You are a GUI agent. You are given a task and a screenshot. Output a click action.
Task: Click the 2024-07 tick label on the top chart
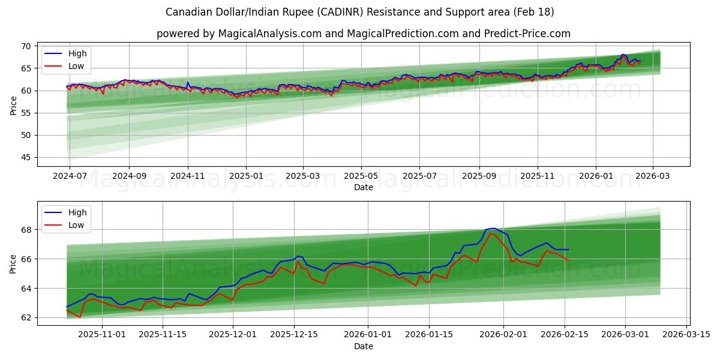pyautogui.click(x=70, y=175)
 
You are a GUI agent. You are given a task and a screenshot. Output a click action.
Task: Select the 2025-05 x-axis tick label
pyautogui.click(x=361, y=175)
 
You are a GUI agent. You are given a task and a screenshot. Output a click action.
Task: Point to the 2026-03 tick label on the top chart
pyautogui.click(x=653, y=175)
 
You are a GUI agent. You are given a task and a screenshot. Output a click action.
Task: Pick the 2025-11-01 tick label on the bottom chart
pyautogui.click(x=102, y=334)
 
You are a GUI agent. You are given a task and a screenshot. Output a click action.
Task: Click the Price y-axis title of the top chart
pyautogui.click(x=13, y=105)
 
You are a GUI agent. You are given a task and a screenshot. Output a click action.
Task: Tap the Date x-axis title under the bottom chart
pyautogui.click(x=363, y=346)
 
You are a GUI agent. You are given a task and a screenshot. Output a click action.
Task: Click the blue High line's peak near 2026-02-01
pyautogui.click(x=494, y=228)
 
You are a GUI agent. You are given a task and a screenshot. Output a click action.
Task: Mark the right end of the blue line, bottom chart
pyautogui.click(x=569, y=250)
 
